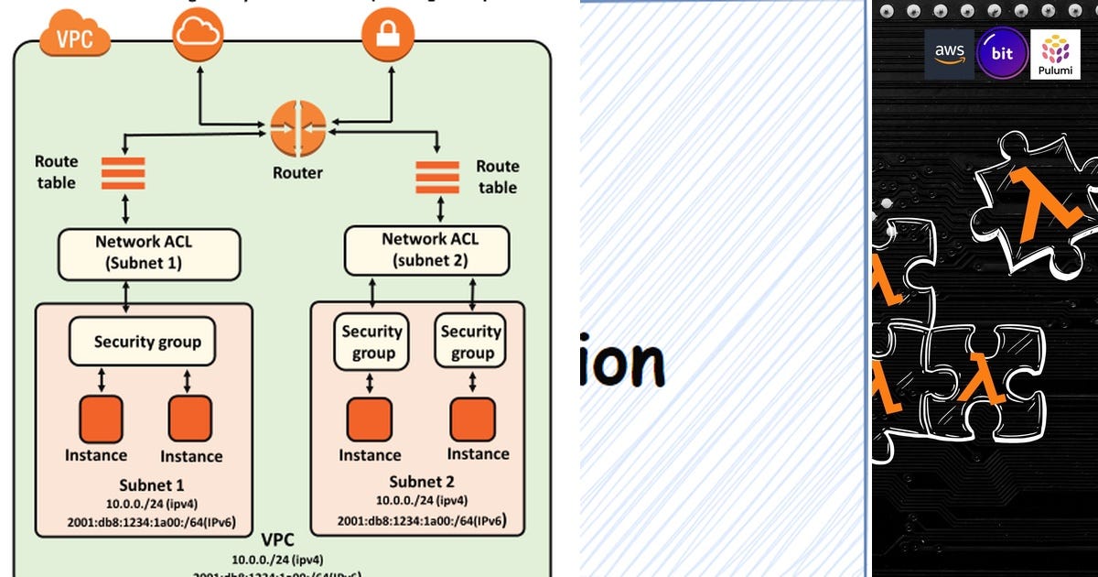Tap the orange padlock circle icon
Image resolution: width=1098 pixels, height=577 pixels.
click(388, 36)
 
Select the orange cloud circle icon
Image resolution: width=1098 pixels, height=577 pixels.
click(198, 36)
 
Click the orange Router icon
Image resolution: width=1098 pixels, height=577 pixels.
click(297, 129)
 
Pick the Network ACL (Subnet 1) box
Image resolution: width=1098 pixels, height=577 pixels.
click(149, 254)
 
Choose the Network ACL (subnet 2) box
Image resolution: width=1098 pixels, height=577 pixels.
click(426, 249)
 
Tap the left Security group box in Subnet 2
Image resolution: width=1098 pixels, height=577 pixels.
click(371, 343)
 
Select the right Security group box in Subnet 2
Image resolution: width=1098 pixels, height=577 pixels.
click(471, 343)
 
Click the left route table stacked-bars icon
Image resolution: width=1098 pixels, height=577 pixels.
click(123, 174)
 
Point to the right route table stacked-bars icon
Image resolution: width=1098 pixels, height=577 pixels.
click(437, 177)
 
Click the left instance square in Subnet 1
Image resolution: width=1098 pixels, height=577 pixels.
click(100, 419)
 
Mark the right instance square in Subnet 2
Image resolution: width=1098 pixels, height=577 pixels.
click(473, 420)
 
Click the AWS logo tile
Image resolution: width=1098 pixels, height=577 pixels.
click(949, 54)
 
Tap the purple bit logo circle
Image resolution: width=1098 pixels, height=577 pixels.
click(1002, 53)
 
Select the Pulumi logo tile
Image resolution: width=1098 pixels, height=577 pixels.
click(1055, 54)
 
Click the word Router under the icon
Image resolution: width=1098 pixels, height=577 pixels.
click(297, 172)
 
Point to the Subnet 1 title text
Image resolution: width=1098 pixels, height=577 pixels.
click(152, 484)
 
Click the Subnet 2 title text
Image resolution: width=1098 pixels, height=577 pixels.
click(422, 482)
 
